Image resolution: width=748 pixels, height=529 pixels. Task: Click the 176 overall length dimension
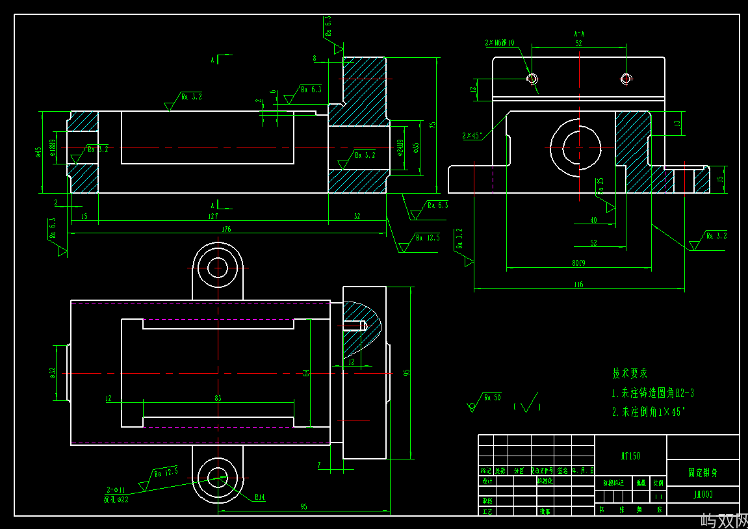point(226,229)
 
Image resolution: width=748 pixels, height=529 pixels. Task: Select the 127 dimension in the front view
point(213,216)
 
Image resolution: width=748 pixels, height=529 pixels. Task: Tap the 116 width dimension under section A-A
point(578,285)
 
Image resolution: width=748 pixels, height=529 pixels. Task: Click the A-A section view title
point(579,33)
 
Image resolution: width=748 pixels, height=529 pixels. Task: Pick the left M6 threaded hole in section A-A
point(532,79)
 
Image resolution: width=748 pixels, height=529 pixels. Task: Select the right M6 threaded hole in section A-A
point(626,79)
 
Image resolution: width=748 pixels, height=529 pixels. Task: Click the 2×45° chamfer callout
point(472,136)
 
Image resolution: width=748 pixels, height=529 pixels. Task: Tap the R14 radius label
point(259,497)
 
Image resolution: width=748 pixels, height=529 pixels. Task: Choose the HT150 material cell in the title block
point(630,456)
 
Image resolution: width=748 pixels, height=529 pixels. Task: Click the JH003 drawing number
point(703,495)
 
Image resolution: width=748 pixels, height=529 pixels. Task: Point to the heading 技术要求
point(630,374)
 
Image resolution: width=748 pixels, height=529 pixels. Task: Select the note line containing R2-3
point(652,393)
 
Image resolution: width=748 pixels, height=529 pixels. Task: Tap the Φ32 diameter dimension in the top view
point(53,372)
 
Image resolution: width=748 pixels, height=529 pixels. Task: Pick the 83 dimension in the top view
point(218,398)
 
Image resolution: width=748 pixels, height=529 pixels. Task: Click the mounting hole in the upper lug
point(217,267)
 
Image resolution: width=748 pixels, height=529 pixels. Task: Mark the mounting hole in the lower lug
point(217,479)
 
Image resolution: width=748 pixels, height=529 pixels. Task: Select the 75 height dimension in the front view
point(432,125)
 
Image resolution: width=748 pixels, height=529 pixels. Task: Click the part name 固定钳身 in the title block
point(703,472)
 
